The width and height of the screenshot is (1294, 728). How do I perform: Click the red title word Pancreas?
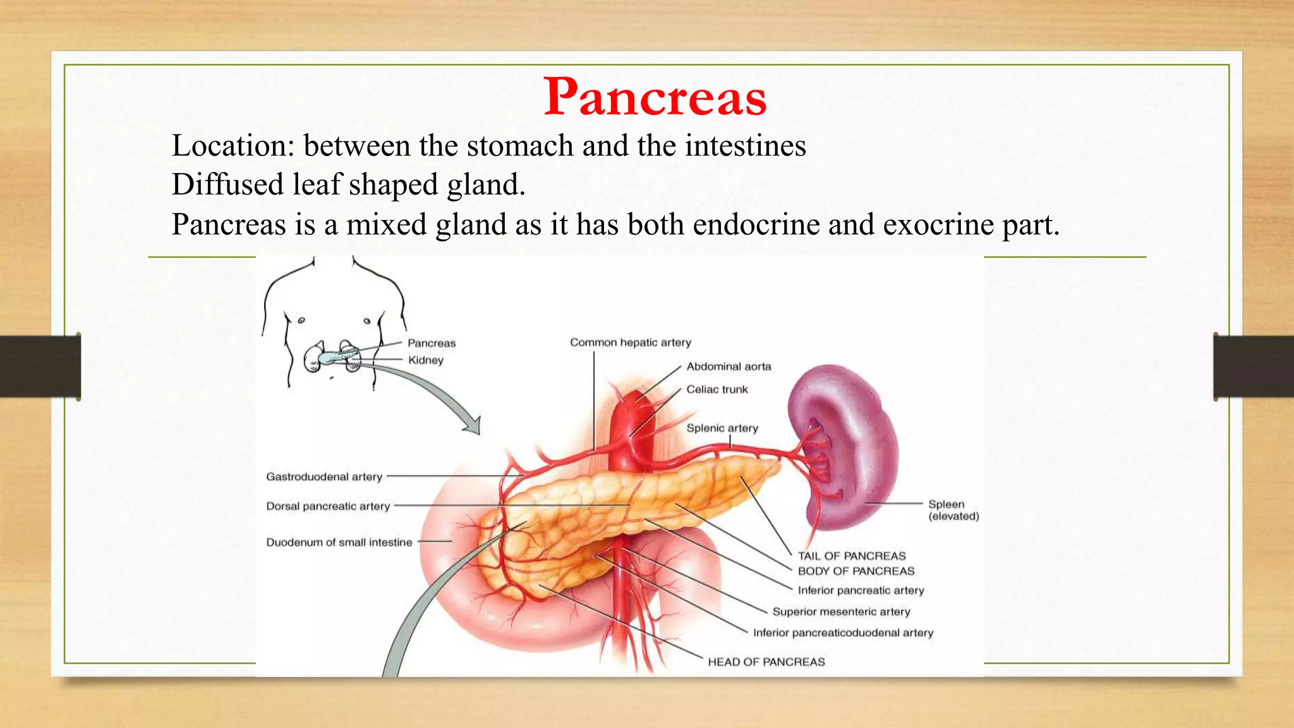tap(655, 97)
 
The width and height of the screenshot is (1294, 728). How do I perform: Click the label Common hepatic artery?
tap(630, 343)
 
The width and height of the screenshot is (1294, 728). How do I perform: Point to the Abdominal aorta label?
tap(729, 367)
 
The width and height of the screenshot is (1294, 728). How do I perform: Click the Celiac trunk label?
tap(717, 389)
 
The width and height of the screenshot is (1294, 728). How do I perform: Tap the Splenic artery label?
tap(722, 428)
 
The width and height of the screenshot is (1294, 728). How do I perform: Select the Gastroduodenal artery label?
tap(324, 476)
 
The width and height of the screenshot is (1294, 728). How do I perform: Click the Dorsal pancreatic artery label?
tap(328, 506)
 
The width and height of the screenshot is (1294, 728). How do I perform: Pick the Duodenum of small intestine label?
tap(339, 542)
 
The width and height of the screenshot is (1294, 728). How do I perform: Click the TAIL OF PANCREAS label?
tap(851, 556)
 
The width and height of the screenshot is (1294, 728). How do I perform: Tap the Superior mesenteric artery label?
tap(841, 612)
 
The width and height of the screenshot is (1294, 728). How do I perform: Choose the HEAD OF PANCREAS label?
tap(766, 662)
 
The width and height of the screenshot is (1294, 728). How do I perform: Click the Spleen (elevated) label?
tap(953, 510)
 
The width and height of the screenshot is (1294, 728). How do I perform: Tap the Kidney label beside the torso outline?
tap(425, 360)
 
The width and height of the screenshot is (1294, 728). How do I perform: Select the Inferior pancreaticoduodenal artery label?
tap(843, 633)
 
